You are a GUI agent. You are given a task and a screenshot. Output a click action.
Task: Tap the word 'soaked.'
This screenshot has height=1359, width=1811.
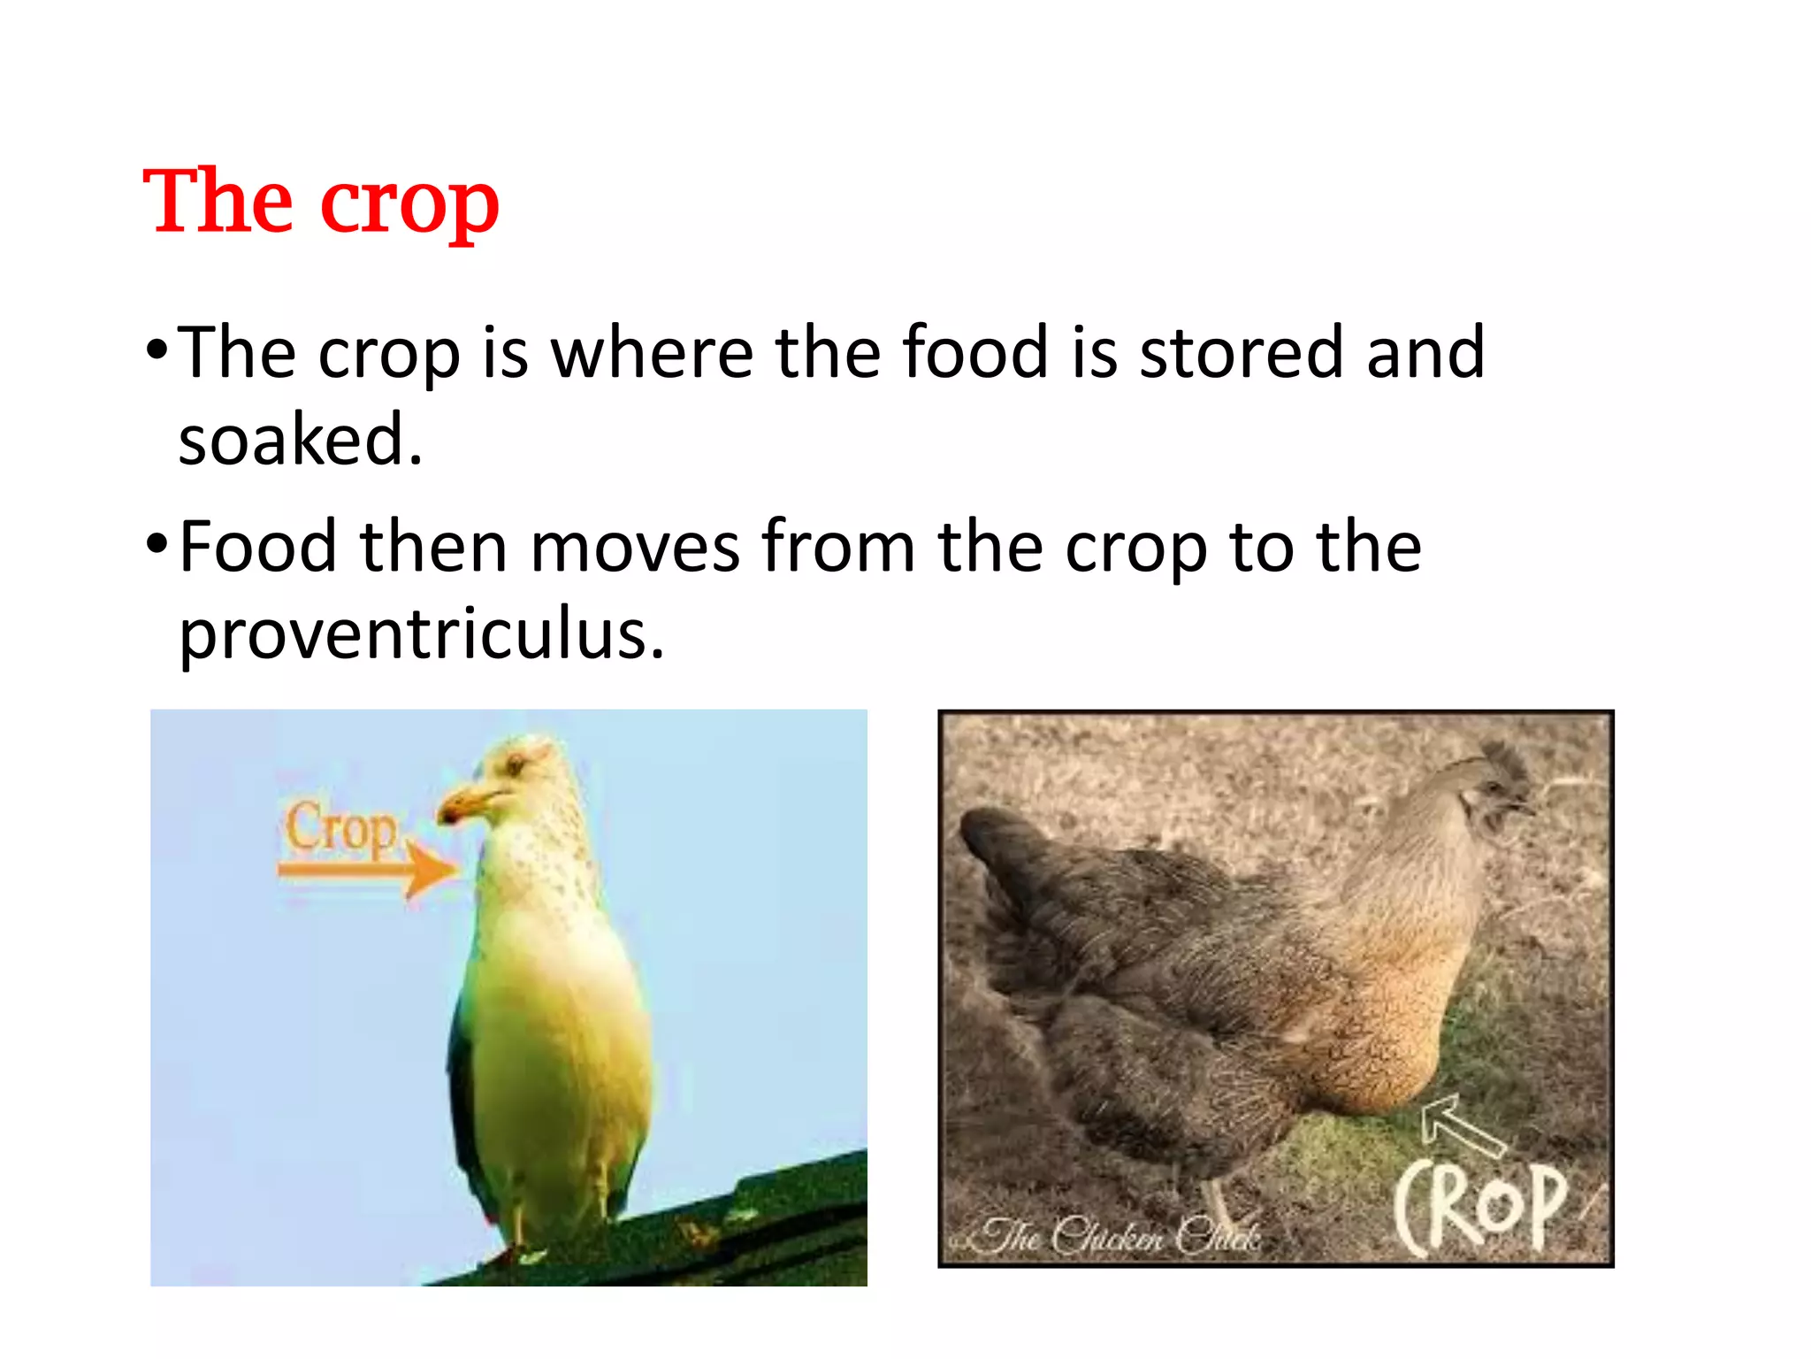click(301, 440)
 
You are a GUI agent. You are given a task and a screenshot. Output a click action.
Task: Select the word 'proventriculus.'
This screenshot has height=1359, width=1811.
click(421, 635)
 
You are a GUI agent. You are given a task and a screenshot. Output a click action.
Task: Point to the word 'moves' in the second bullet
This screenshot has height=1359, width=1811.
click(634, 548)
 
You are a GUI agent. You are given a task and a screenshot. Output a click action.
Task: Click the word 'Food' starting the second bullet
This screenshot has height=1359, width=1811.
click(257, 548)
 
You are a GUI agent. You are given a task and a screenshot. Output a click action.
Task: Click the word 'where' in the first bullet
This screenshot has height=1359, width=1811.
click(653, 353)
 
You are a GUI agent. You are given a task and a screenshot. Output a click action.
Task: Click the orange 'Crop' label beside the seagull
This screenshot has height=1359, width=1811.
click(340, 829)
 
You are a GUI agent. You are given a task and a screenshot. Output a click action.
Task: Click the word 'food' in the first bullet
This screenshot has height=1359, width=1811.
click(974, 353)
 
